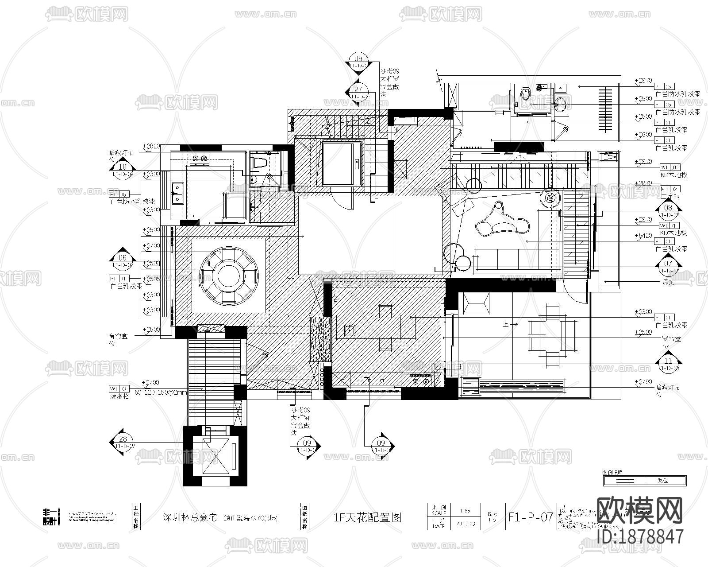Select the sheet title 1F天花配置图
pos(368,517)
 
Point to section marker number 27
pos(358,88)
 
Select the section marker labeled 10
pos(123,167)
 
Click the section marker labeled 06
pos(123,257)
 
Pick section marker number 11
pos(668,360)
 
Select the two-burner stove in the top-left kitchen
pos(200,158)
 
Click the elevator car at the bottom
pos(215,456)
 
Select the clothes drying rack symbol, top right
pos(606,109)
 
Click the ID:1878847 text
pos(640,536)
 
